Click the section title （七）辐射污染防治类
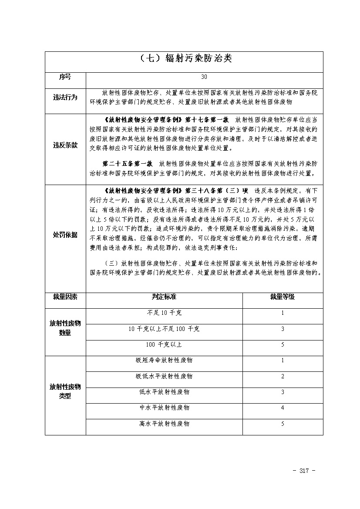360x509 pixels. click(x=183, y=59)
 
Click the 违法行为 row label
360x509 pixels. click(x=65, y=98)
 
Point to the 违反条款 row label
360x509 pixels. click(x=65, y=145)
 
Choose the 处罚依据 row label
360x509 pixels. click(x=65, y=235)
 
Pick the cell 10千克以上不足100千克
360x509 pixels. click(x=164, y=329)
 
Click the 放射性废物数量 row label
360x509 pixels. click(x=65, y=328)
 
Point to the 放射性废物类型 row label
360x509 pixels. click(x=65, y=391)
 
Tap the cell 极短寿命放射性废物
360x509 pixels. click(x=164, y=361)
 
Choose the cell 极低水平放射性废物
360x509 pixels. click(x=164, y=376)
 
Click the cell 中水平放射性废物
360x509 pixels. click(x=164, y=408)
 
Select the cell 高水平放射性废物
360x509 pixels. click(x=164, y=424)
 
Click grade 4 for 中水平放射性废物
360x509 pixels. click(x=283, y=408)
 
